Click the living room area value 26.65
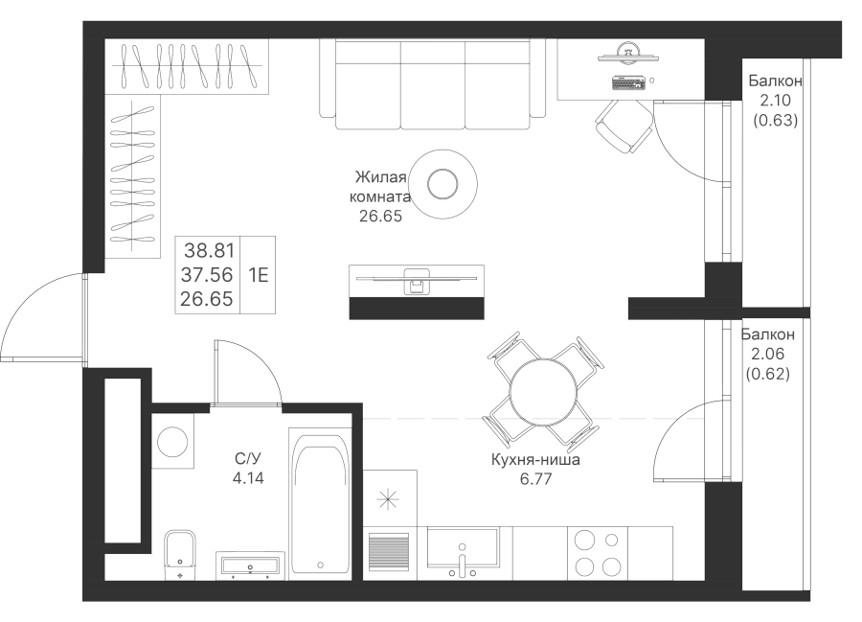point(380,217)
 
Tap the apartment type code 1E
point(258,274)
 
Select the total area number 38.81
point(209,251)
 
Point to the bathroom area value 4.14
point(248,478)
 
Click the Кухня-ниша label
point(535,459)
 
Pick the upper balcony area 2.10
point(775,100)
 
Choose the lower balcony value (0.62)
point(768,374)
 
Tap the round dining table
point(543,392)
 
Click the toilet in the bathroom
point(180,554)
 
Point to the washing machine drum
point(172,442)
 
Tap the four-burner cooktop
point(598,553)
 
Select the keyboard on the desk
point(627,82)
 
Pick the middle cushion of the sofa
point(433,84)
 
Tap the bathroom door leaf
point(216,372)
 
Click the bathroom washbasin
point(250,565)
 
